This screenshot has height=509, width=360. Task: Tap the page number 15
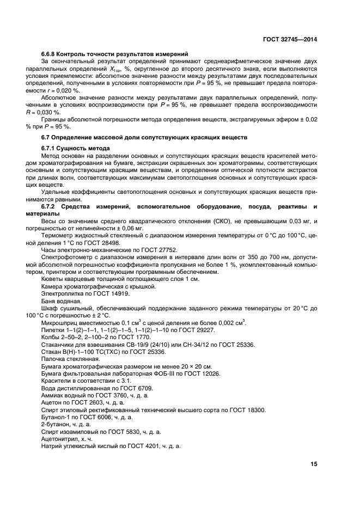click(314, 464)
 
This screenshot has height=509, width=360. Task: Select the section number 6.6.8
click(50, 54)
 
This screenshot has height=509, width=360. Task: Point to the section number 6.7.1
click(50, 148)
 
